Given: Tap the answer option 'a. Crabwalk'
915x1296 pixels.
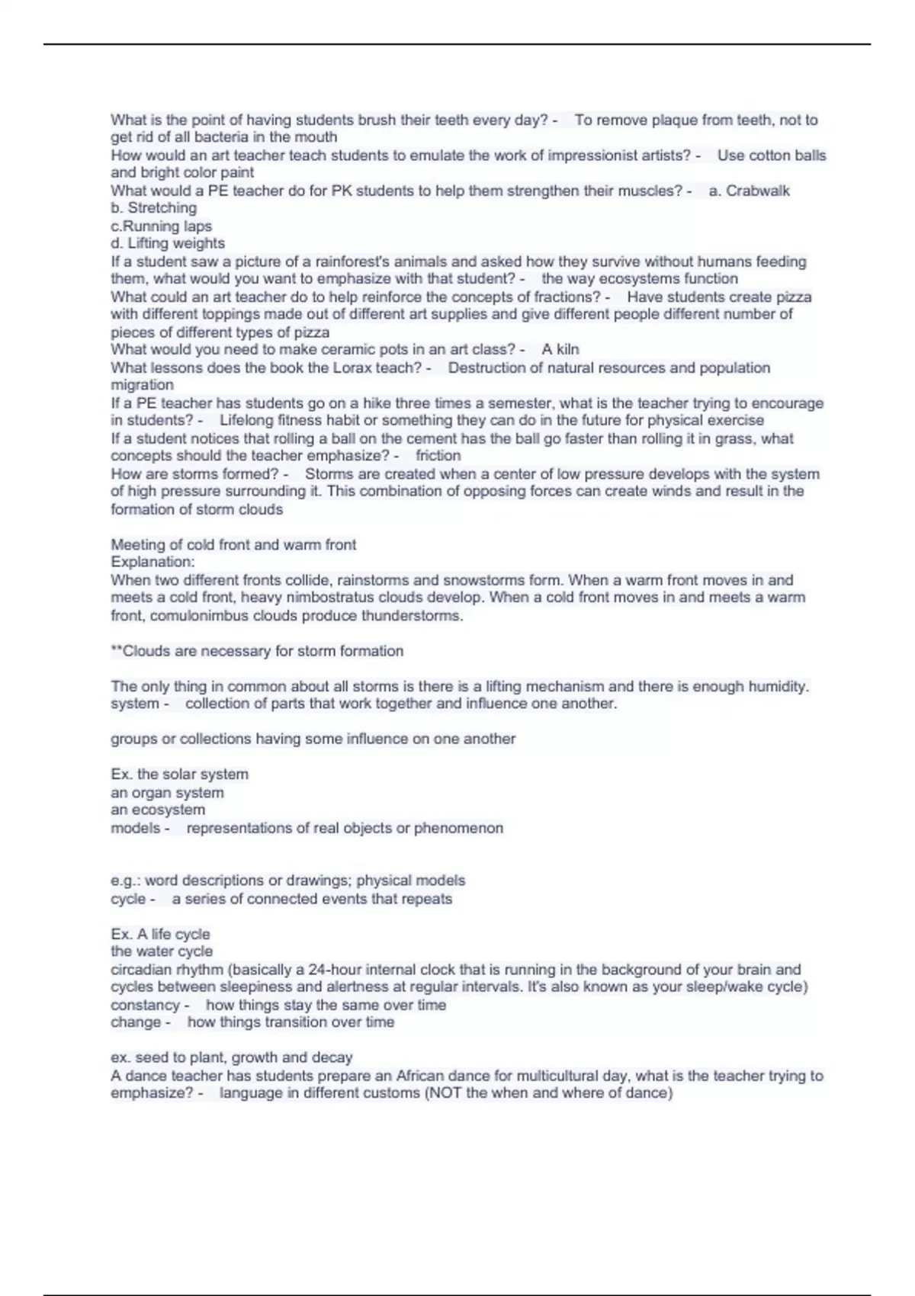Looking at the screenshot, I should tap(749, 191).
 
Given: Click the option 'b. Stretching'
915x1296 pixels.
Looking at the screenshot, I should tap(153, 208).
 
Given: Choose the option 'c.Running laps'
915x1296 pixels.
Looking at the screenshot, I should tap(161, 226).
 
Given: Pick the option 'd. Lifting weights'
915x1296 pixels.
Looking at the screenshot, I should tap(168, 244).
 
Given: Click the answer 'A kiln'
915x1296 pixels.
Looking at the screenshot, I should tap(560, 350).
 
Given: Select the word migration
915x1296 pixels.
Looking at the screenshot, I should tap(142, 386).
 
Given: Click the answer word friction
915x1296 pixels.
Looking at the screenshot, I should tap(438, 456).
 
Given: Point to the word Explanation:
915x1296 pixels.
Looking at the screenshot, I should tap(152, 563).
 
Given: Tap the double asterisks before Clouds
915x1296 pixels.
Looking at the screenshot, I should tap(117, 651).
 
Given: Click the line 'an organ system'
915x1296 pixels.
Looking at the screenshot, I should tap(167, 793).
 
